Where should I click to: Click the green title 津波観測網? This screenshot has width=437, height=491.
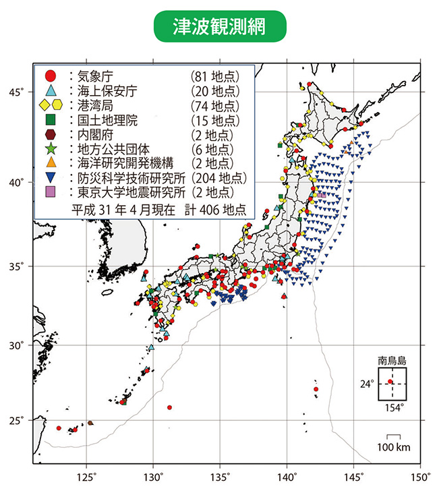point(218,26)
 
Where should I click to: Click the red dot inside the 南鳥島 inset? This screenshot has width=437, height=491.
point(390,382)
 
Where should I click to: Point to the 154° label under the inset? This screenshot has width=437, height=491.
point(393,407)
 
